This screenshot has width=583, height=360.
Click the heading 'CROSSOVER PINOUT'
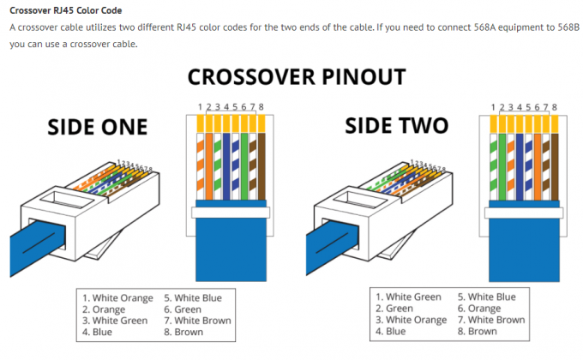pyautogui.click(x=296, y=77)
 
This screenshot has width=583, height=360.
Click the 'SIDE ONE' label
pyautogui.click(x=97, y=128)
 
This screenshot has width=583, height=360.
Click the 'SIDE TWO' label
pyautogui.click(x=396, y=126)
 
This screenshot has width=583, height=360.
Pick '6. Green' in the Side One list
pyautogui.click(x=183, y=309)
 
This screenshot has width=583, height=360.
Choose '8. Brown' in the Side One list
pyautogui.click(x=184, y=332)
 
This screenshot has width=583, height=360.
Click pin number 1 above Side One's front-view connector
pyautogui.click(x=198, y=106)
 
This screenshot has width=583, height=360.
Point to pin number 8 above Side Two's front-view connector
pyautogui.click(x=555, y=107)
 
